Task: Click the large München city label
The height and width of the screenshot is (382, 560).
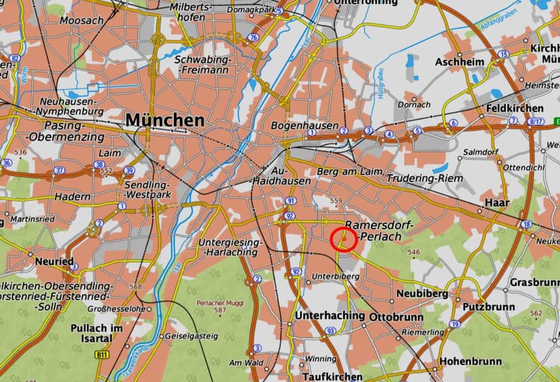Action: [164, 120]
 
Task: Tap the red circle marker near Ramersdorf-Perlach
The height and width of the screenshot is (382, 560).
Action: [344, 239]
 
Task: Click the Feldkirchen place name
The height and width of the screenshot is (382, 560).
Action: [514, 108]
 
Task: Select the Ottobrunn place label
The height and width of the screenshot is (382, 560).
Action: [396, 316]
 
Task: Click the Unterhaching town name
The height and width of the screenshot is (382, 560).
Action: [331, 316]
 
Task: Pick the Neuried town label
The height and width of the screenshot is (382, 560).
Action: [55, 261]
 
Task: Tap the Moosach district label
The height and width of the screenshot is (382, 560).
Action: [81, 20]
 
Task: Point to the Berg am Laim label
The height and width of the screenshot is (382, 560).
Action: [345, 172]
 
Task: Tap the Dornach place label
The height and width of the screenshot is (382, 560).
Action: [414, 104]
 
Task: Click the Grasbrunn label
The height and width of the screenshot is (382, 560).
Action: [536, 281]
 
